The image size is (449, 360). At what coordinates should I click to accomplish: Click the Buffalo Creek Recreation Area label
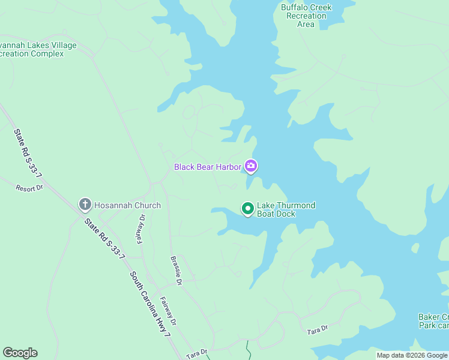pyautogui.click(x=306, y=16)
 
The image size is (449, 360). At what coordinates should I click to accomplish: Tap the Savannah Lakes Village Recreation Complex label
pyautogui.click(x=39, y=49)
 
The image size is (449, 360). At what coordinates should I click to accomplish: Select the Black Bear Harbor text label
pyautogui.click(x=208, y=167)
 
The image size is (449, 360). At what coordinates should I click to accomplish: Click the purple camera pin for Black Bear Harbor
pyautogui.click(x=251, y=166)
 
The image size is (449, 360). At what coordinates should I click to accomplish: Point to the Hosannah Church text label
pyautogui.click(x=127, y=205)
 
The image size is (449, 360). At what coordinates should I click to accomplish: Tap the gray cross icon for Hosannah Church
pyautogui.click(x=85, y=205)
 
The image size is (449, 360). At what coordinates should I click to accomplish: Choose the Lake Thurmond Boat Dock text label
pyautogui.click(x=286, y=209)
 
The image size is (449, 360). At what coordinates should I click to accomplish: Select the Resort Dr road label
pyautogui.click(x=29, y=188)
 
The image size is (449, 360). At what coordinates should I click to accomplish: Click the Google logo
pyautogui.click(x=20, y=353)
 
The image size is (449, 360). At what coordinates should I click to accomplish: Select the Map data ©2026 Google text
pyautogui.click(x=412, y=355)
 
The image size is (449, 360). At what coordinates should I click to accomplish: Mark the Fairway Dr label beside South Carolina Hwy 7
pyautogui.click(x=168, y=310)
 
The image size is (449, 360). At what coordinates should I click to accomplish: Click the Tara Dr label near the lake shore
pyautogui.click(x=317, y=330)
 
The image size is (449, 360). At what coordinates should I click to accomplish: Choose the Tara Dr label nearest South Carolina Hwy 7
pyautogui.click(x=196, y=352)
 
